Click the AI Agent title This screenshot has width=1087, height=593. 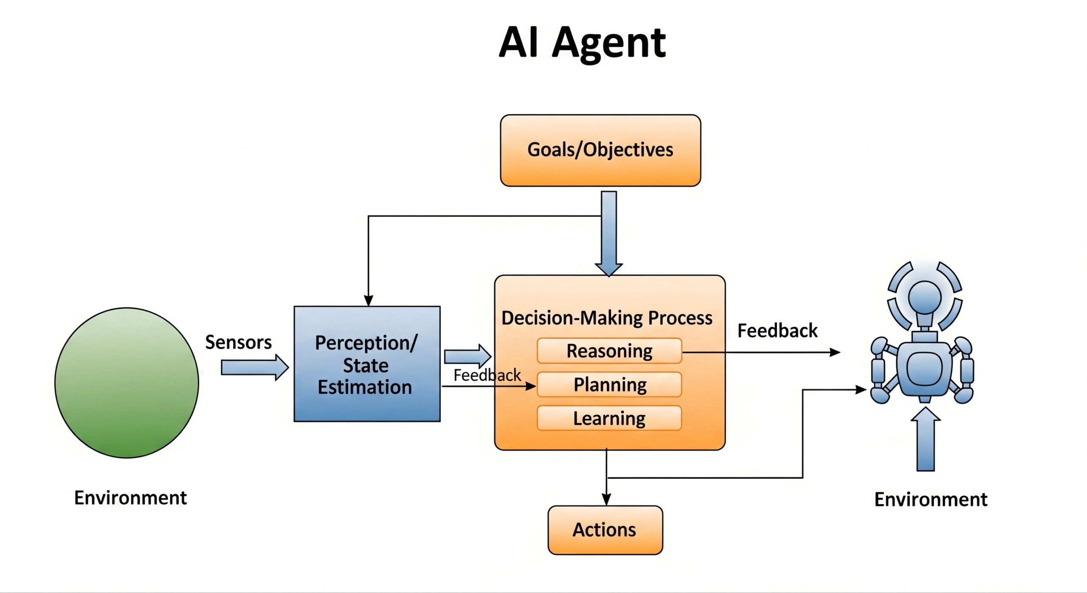click(582, 43)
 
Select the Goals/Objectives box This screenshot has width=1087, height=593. click(600, 150)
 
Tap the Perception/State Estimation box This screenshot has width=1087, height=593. click(367, 364)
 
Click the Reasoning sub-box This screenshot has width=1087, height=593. click(609, 351)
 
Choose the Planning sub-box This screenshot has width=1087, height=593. click(609, 384)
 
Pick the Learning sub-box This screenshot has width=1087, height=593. click(609, 418)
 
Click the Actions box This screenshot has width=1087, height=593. click(605, 530)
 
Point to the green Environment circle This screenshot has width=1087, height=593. click(127, 383)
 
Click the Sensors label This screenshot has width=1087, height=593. click(238, 342)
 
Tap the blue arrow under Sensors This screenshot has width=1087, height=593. click(255, 367)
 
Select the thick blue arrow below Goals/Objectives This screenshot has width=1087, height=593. click(609, 234)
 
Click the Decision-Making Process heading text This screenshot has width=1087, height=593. click(607, 318)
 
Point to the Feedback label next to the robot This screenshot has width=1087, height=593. click(777, 330)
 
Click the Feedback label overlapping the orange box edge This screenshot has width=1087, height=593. click(487, 375)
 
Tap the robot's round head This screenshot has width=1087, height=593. click(924, 296)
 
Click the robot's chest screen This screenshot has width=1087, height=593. click(924, 369)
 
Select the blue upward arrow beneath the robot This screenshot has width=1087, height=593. click(926, 439)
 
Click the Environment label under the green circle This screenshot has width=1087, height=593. click(130, 498)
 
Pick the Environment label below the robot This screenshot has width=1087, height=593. click(931, 500)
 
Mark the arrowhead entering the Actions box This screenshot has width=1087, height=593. click(606, 500)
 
